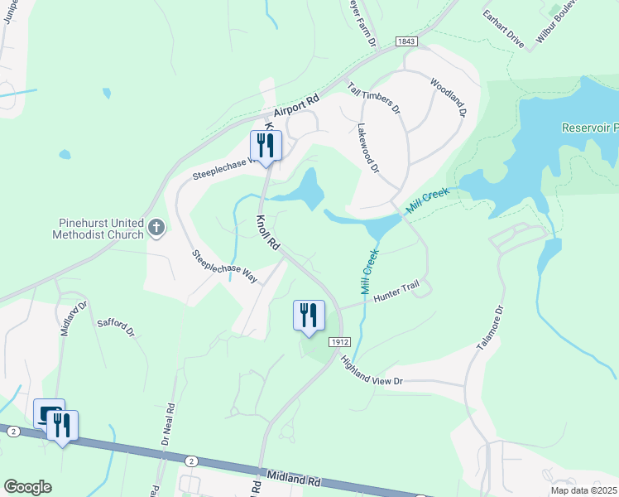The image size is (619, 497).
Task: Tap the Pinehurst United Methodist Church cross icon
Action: point(157,228)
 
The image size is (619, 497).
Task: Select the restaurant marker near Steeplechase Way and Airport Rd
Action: point(266,147)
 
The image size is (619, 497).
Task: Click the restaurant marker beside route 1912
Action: point(309,316)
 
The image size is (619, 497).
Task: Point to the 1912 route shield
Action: point(335,341)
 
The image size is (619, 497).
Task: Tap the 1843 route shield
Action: point(405,41)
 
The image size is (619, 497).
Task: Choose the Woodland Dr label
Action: point(448,98)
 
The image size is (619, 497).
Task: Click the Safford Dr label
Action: point(116,330)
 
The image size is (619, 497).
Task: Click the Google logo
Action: point(27,487)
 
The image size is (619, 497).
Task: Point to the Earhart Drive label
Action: point(504,30)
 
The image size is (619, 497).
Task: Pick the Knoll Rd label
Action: point(268,234)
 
